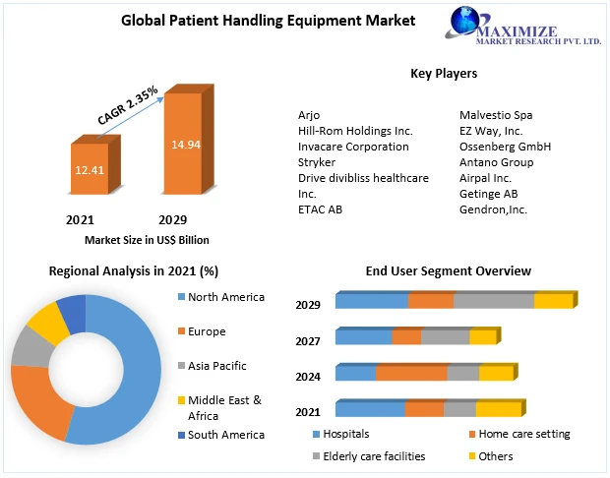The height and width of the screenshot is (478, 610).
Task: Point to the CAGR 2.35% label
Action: click(x=128, y=105)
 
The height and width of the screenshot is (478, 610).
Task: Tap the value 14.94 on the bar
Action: click(x=185, y=145)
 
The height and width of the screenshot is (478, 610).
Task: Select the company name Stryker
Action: click(x=316, y=162)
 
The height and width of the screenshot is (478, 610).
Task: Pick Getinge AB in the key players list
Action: click(x=488, y=194)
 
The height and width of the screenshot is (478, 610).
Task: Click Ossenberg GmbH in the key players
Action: click(x=505, y=147)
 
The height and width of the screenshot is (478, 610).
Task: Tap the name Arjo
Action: click(x=309, y=115)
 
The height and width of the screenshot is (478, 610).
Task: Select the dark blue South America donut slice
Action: click(x=72, y=314)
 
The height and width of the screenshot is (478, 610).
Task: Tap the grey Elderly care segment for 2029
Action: click(x=494, y=301)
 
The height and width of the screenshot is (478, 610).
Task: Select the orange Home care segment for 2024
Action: click(x=411, y=373)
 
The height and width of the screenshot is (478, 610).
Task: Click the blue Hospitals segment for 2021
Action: click(x=370, y=408)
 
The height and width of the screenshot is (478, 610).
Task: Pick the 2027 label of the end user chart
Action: click(x=307, y=340)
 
